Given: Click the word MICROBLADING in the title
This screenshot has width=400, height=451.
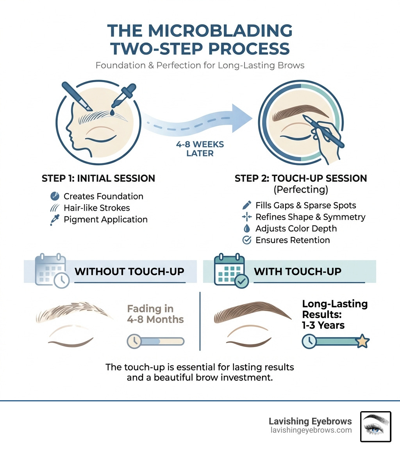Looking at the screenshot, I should [x=200, y=31].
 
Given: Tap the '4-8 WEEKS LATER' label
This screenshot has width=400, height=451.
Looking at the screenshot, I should [x=200, y=149].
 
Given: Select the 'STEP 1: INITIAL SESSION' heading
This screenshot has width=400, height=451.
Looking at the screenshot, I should [x=98, y=179].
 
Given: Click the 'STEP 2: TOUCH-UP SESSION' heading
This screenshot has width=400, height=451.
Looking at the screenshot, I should [x=301, y=179].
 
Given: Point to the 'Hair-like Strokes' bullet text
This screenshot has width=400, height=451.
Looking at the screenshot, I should [x=97, y=208].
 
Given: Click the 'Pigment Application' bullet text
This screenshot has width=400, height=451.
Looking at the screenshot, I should [x=105, y=220].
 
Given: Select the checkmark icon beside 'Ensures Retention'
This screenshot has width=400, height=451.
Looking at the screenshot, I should [x=247, y=240].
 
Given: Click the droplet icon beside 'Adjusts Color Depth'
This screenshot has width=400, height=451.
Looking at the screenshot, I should [x=247, y=229].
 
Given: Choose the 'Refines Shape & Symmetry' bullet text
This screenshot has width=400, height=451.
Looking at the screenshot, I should [x=310, y=217].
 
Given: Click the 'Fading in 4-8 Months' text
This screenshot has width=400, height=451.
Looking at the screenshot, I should [x=155, y=314].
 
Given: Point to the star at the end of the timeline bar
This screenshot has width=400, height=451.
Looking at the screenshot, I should [x=363, y=341].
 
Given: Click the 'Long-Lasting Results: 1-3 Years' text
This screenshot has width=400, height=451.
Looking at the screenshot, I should [x=334, y=314].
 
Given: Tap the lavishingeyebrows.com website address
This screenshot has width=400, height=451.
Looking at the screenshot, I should [x=310, y=430].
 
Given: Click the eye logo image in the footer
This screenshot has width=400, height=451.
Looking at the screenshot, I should [x=375, y=426].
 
